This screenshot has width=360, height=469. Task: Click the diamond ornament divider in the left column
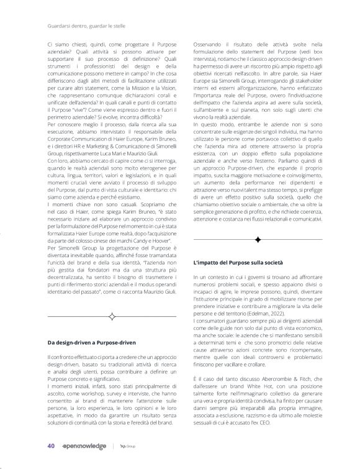[x=112, y=317]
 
